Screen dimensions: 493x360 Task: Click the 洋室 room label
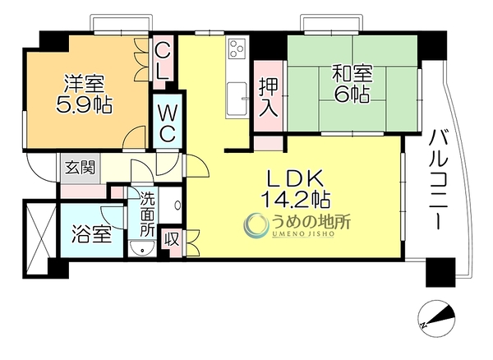(84, 84)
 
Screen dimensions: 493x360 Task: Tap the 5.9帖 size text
(84, 104)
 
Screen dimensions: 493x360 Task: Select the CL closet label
(164, 62)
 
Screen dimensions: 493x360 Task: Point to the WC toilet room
(168, 121)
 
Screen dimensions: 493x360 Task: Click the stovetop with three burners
(237, 48)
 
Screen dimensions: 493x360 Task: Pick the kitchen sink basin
(237, 99)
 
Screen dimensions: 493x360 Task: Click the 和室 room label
(352, 74)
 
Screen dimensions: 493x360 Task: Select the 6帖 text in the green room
(352, 94)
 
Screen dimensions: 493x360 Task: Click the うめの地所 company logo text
(311, 223)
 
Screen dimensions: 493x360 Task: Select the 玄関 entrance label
(80, 168)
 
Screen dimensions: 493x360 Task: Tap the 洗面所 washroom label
(147, 214)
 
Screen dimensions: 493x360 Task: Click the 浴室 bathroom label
(91, 234)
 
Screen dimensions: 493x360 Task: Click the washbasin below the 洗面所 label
(142, 248)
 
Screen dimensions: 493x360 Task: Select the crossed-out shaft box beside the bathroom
(39, 237)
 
